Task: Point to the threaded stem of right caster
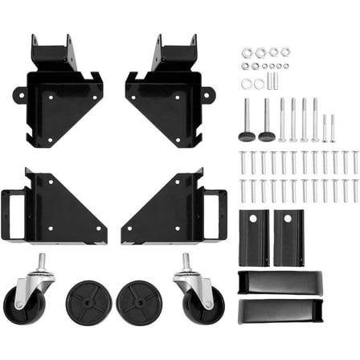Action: [186, 261]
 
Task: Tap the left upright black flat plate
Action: [253, 237]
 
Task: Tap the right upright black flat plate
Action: [289, 237]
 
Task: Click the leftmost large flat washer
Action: [246, 84]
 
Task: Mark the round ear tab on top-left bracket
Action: [18, 96]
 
